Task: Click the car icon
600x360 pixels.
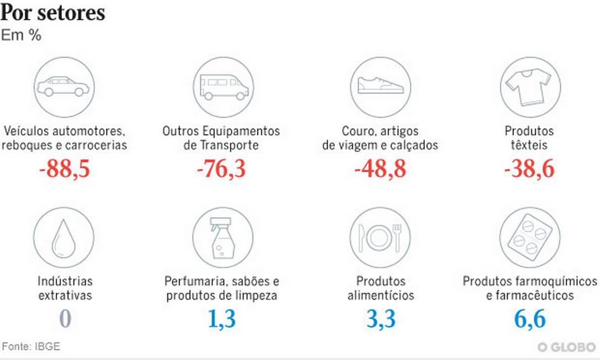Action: (x=64, y=87)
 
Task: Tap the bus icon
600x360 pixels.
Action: (x=224, y=87)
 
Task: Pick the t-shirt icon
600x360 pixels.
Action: (x=529, y=87)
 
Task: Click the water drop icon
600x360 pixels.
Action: (x=64, y=237)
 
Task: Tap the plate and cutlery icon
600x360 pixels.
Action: (x=380, y=237)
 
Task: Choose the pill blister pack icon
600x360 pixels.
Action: (x=529, y=237)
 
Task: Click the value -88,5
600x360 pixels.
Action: (x=64, y=168)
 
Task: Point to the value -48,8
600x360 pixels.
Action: (x=380, y=168)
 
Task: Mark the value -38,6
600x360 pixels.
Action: (x=529, y=168)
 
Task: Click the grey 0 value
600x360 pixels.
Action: (x=65, y=319)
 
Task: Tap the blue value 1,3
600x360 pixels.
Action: (x=222, y=319)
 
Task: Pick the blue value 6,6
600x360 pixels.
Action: (x=530, y=319)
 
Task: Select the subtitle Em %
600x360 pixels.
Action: (x=21, y=35)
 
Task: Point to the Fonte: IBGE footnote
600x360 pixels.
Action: (x=31, y=347)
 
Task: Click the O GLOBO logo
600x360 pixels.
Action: (x=566, y=347)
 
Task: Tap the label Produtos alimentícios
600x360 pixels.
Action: (x=381, y=288)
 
